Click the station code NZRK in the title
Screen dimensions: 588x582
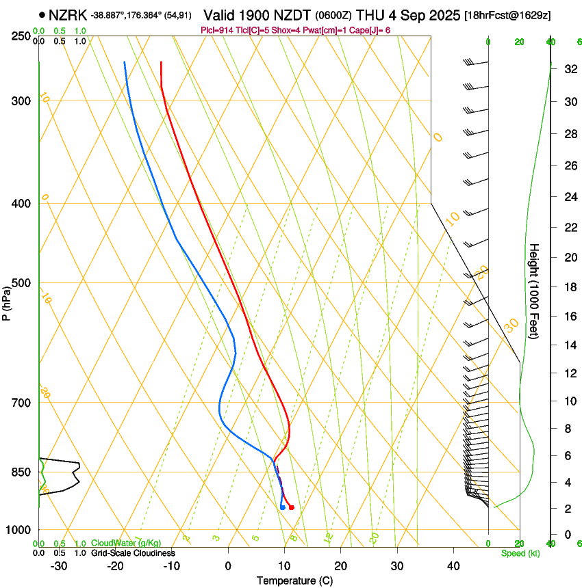click(x=67, y=14)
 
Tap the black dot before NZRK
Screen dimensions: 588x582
click(x=42, y=14)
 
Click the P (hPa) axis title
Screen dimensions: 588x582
click(x=6, y=301)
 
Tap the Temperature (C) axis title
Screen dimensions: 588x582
click(x=294, y=580)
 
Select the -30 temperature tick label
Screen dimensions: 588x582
click(x=59, y=566)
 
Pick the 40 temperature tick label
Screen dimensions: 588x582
click(x=453, y=566)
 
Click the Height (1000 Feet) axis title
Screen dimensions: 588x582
click(x=535, y=291)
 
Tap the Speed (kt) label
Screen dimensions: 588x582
click(x=520, y=553)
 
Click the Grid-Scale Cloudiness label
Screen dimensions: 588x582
click(x=133, y=552)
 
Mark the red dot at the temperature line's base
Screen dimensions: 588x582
click(x=292, y=507)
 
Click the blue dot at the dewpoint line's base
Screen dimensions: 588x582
click(x=282, y=507)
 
